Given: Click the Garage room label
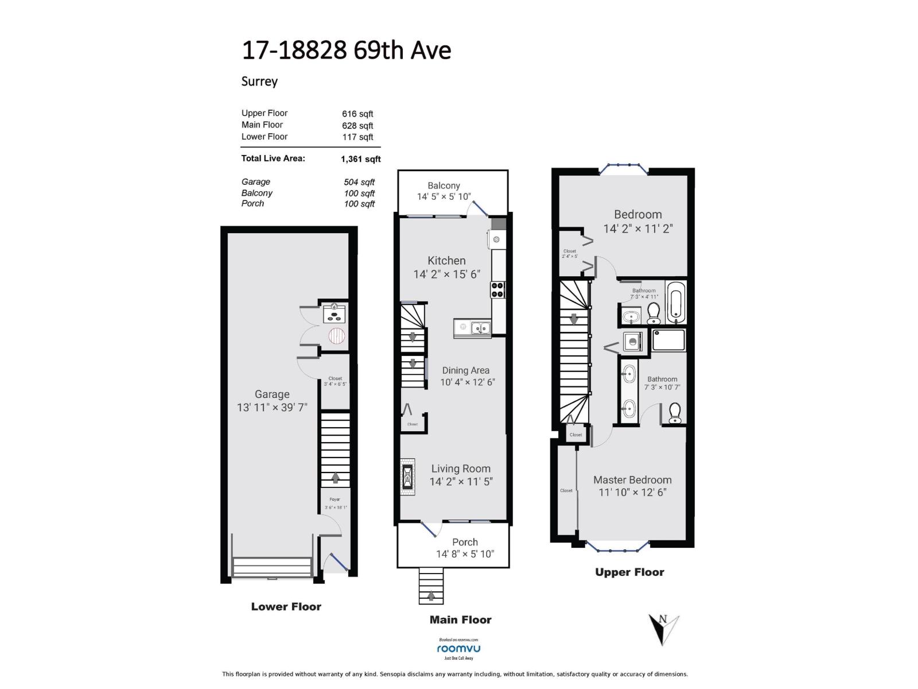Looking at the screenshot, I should pyautogui.click(x=272, y=394).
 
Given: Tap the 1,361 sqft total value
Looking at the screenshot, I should pyautogui.click(x=360, y=159).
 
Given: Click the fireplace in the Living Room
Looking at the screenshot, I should pyautogui.click(x=407, y=476).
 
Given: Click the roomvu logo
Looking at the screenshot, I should pyautogui.click(x=458, y=649).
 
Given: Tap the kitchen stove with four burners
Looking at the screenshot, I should pyautogui.click(x=497, y=290).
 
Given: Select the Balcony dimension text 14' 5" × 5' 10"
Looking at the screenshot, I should pyautogui.click(x=444, y=196).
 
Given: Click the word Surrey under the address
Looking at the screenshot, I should pyautogui.click(x=259, y=81).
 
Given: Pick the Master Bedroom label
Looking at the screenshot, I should pyautogui.click(x=632, y=480).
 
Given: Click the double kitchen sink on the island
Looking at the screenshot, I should pyautogui.click(x=480, y=328).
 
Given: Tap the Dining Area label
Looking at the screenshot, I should pyautogui.click(x=465, y=371).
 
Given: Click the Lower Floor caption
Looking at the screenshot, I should pyautogui.click(x=286, y=607).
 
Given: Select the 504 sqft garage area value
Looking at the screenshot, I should pyautogui.click(x=359, y=182).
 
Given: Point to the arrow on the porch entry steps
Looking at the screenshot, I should pyautogui.click(x=431, y=597).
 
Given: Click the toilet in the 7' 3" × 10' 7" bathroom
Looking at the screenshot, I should pyautogui.click(x=675, y=412).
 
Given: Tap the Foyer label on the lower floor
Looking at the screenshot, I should pyautogui.click(x=334, y=500).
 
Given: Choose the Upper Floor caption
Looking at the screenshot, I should pyautogui.click(x=629, y=572).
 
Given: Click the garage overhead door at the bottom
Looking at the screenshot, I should pyautogui.click(x=273, y=567).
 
